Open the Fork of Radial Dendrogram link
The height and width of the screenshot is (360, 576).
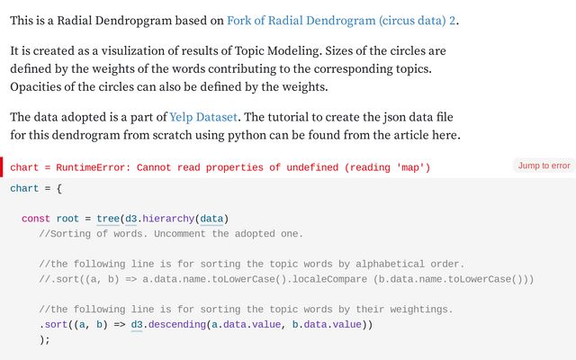pyautogui.click(x=341, y=21)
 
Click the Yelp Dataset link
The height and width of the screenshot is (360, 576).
pyautogui.click(x=203, y=117)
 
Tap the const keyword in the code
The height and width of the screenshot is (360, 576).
pyautogui.click(x=36, y=219)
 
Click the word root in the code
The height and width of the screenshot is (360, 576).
pyautogui.click(x=67, y=219)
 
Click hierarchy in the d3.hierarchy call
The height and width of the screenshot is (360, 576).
pyautogui.click(x=168, y=219)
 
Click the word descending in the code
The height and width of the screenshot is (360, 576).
pyautogui.click(x=177, y=325)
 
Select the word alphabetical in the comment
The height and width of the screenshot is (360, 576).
pyautogui.click(x=390, y=264)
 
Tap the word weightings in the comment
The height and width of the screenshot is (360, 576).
pyautogui.click(x=420, y=310)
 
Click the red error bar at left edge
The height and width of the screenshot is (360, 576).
pyautogui.click(x=2, y=166)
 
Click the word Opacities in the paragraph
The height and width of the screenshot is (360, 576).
pyautogui.click(x=35, y=87)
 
